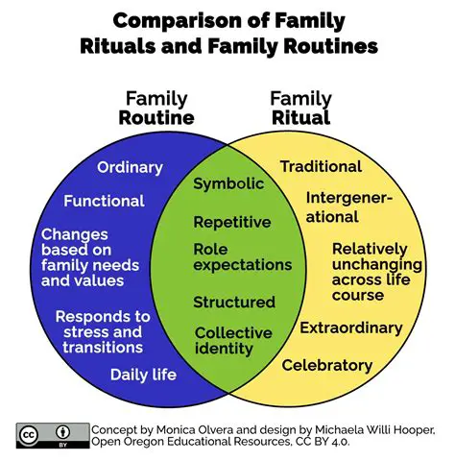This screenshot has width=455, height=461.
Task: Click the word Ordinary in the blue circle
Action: pyautogui.click(x=130, y=168)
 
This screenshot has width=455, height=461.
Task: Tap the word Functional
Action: pyautogui.click(x=104, y=201)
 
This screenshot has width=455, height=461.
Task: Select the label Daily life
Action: pyautogui.click(x=143, y=374)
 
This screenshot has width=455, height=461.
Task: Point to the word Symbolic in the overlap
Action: pyautogui.click(x=228, y=183)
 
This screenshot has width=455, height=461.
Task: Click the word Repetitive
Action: pyautogui.click(x=232, y=222)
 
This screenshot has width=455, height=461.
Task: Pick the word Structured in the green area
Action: pyautogui.click(x=233, y=302)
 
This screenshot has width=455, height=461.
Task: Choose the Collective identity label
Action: pyautogui.click(x=233, y=341)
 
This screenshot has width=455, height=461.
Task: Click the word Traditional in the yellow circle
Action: pyautogui.click(x=321, y=166)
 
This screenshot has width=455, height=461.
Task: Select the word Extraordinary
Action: pyautogui.click(x=351, y=328)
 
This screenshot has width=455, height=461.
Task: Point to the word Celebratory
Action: pyautogui.click(x=326, y=365)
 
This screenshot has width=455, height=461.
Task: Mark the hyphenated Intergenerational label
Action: pyautogui.click(x=349, y=206)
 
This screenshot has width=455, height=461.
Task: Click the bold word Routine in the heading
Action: pyautogui.click(x=156, y=118)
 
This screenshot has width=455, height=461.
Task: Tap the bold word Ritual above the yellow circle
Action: pyautogui.click(x=300, y=118)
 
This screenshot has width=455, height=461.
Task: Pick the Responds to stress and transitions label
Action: pyautogui.click(x=103, y=331)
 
